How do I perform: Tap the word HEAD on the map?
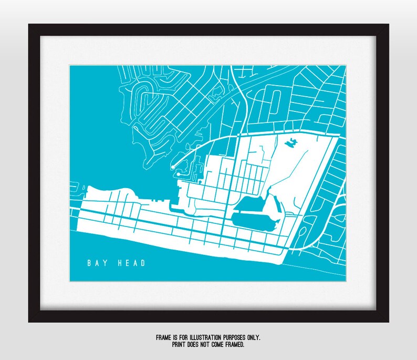pos(131,263)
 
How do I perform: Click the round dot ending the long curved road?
pos(173,167)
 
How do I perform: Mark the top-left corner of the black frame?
pos(29,24)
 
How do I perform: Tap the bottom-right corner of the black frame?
pos(389,322)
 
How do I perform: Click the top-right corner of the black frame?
pos(389,24)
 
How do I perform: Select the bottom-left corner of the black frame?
pos(29,322)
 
